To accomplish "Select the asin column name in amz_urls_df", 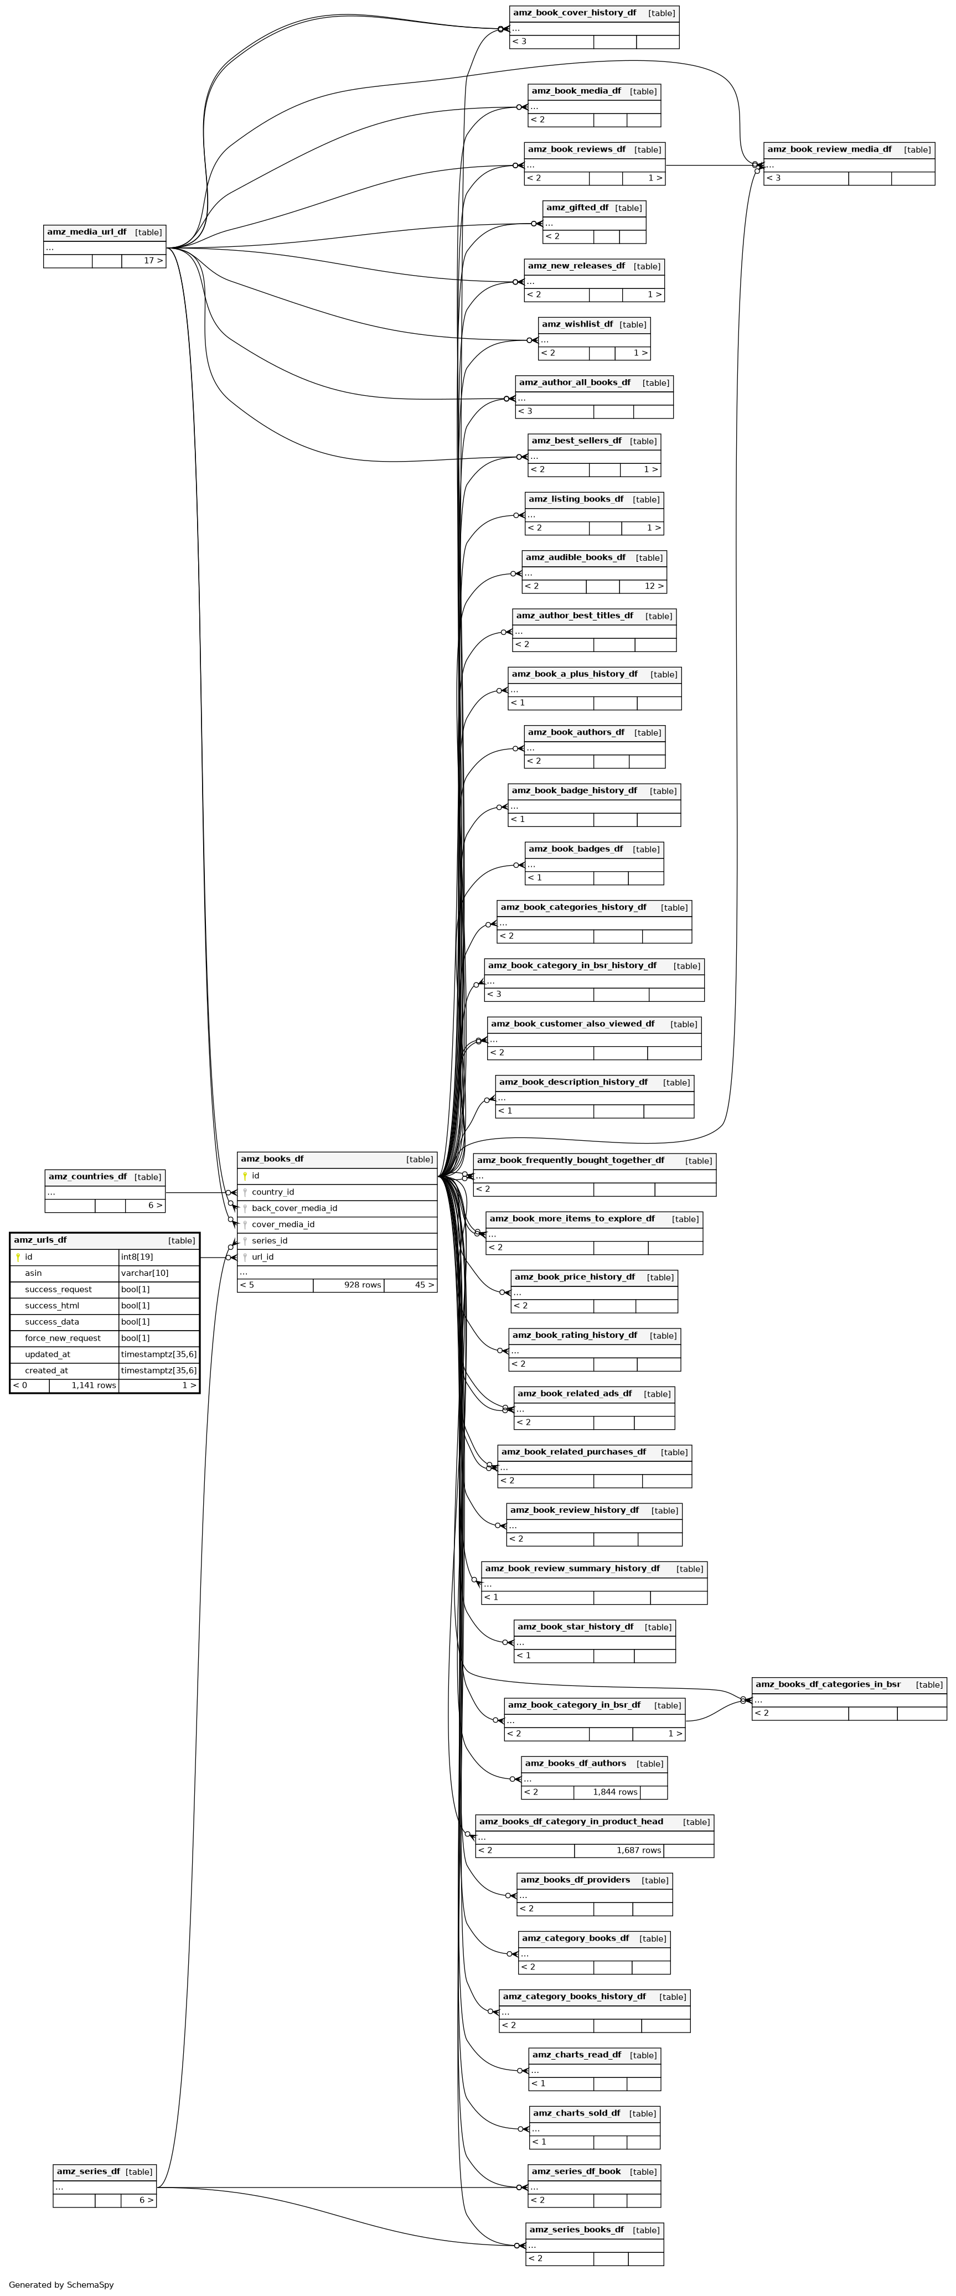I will click(33, 1273).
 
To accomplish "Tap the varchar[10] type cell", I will click(144, 1273).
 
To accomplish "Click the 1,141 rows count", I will click(94, 1385).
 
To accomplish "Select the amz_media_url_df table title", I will click(86, 232).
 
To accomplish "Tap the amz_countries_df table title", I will click(87, 1177).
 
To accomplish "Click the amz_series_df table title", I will click(87, 2171).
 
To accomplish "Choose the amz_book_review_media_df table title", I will click(829, 149).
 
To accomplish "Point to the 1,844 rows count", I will click(615, 1792).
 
